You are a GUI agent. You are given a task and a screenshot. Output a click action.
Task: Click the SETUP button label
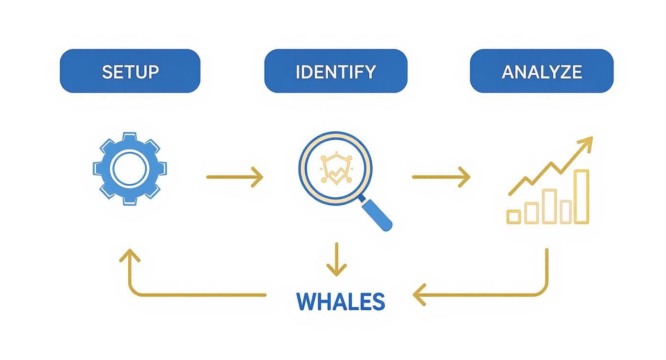(x=130, y=72)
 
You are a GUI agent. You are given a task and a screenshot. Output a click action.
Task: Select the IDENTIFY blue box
(x=335, y=71)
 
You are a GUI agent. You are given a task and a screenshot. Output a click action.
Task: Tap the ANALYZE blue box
(x=542, y=71)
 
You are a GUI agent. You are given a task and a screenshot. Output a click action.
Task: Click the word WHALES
(x=341, y=302)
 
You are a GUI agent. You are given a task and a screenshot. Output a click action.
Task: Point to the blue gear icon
(x=130, y=169)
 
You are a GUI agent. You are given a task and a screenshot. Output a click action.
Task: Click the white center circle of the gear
(x=130, y=169)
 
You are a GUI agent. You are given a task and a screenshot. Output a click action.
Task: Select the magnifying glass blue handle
(x=377, y=214)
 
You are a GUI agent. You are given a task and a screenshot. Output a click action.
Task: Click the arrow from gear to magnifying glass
(x=234, y=177)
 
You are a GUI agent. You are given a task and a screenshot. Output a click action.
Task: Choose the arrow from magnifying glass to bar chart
(x=441, y=177)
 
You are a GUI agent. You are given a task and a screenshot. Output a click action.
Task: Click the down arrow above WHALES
(x=336, y=259)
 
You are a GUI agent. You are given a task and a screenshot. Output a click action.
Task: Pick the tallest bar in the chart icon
(x=581, y=196)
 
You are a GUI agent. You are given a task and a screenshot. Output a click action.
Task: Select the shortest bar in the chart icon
(x=514, y=217)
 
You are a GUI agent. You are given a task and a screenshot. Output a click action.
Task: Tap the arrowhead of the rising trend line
(x=587, y=142)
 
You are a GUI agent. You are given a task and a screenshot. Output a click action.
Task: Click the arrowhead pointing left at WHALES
(x=419, y=294)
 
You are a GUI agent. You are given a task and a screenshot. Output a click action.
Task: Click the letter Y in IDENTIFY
(x=369, y=72)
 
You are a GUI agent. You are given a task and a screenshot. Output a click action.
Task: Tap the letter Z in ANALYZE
(x=564, y=72)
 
